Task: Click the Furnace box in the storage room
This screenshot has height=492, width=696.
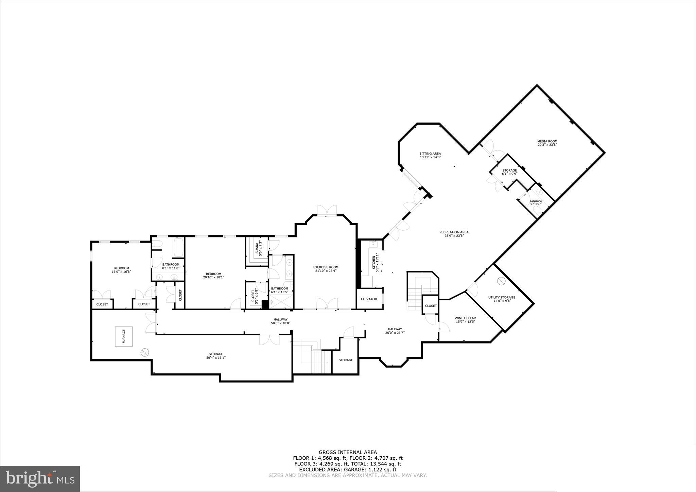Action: click(x=124, y=336)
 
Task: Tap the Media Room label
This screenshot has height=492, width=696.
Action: click(x=547, y=141)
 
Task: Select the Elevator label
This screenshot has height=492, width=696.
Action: click(x=369, y=299)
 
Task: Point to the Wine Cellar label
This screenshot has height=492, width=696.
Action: click(x=465, y=318)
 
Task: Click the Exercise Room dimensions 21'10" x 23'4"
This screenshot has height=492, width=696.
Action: click(x=326, y=271)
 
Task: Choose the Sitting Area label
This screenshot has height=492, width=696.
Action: click(x=430, y=154)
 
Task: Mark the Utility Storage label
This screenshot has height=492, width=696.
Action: click(x=502, y=297)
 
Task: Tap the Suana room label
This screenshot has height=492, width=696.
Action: click(x=257, y=248)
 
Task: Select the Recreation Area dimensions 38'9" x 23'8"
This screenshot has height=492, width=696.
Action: click(x=454, y=235)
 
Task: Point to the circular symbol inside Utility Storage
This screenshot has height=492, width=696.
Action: click(x=501, y=281)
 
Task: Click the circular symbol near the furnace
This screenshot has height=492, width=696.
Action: click(x=145, y=352)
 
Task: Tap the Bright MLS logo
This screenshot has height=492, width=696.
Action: click(x=40, y=478)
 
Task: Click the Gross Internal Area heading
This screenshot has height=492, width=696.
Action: click(x=348, y=452)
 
